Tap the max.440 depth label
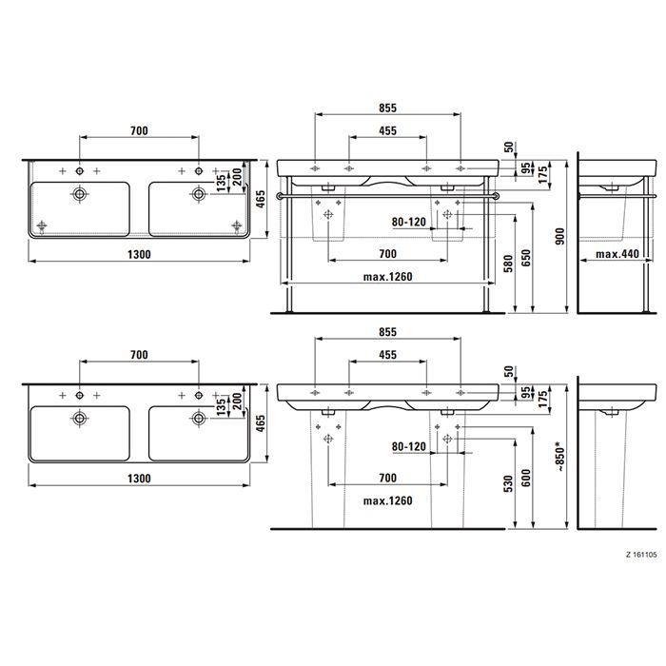click(x=617, y=255)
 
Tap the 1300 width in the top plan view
click(x=139, y=255)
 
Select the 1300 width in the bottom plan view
click(x=139, y=480)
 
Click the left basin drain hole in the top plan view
click(x=80, y=193)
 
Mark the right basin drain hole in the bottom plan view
click(x=199, y=416)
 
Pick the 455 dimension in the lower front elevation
click(x=387, y=354)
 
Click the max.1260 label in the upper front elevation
click(x=386, y=277)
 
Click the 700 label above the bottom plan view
click(x=139, y=354)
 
